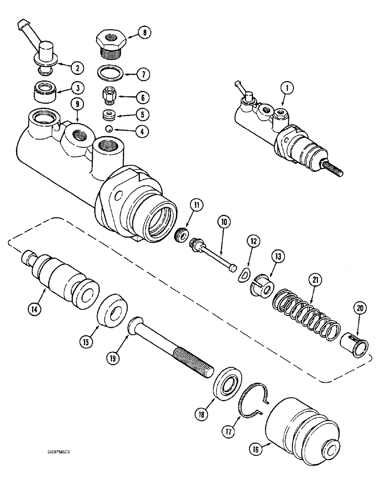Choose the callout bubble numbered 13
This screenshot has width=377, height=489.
277,256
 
